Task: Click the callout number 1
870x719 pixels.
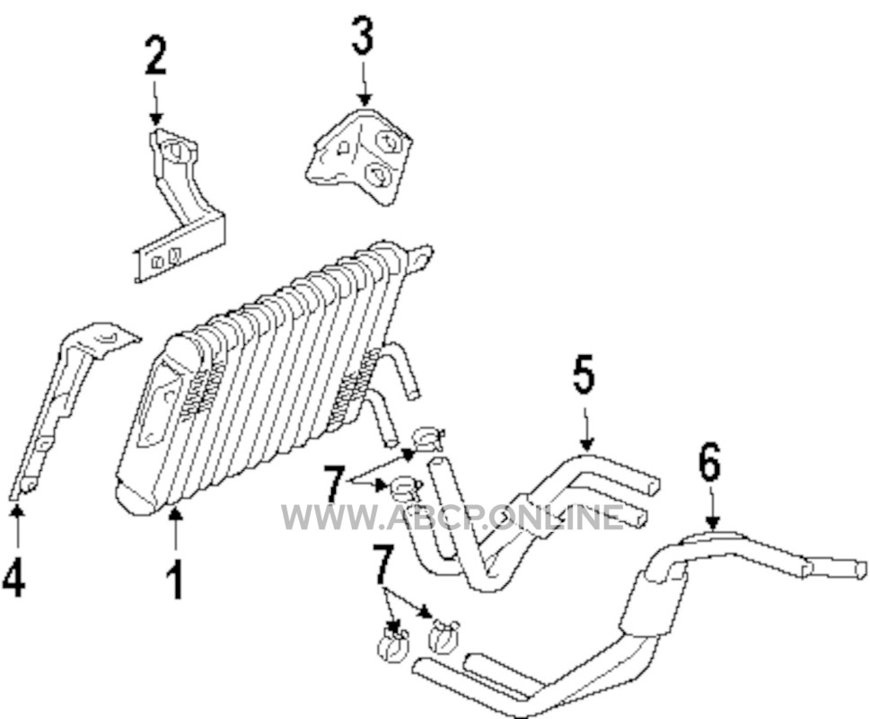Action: click(175, 580)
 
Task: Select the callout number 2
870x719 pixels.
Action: click(155, 55)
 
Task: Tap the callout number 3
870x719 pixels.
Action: click(363, 35)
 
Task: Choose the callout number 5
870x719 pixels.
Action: click(583, 373)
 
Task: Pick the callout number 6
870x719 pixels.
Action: click(709, 462)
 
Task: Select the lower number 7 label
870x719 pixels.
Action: click(383, 564)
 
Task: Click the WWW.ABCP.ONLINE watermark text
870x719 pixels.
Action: click(453, 517)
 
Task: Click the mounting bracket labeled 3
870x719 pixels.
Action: click(359, 155)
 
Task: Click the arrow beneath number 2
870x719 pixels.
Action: click(156, 102)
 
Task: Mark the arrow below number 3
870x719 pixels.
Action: click(364, 84)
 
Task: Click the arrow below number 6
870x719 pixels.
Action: click(714, 507)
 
